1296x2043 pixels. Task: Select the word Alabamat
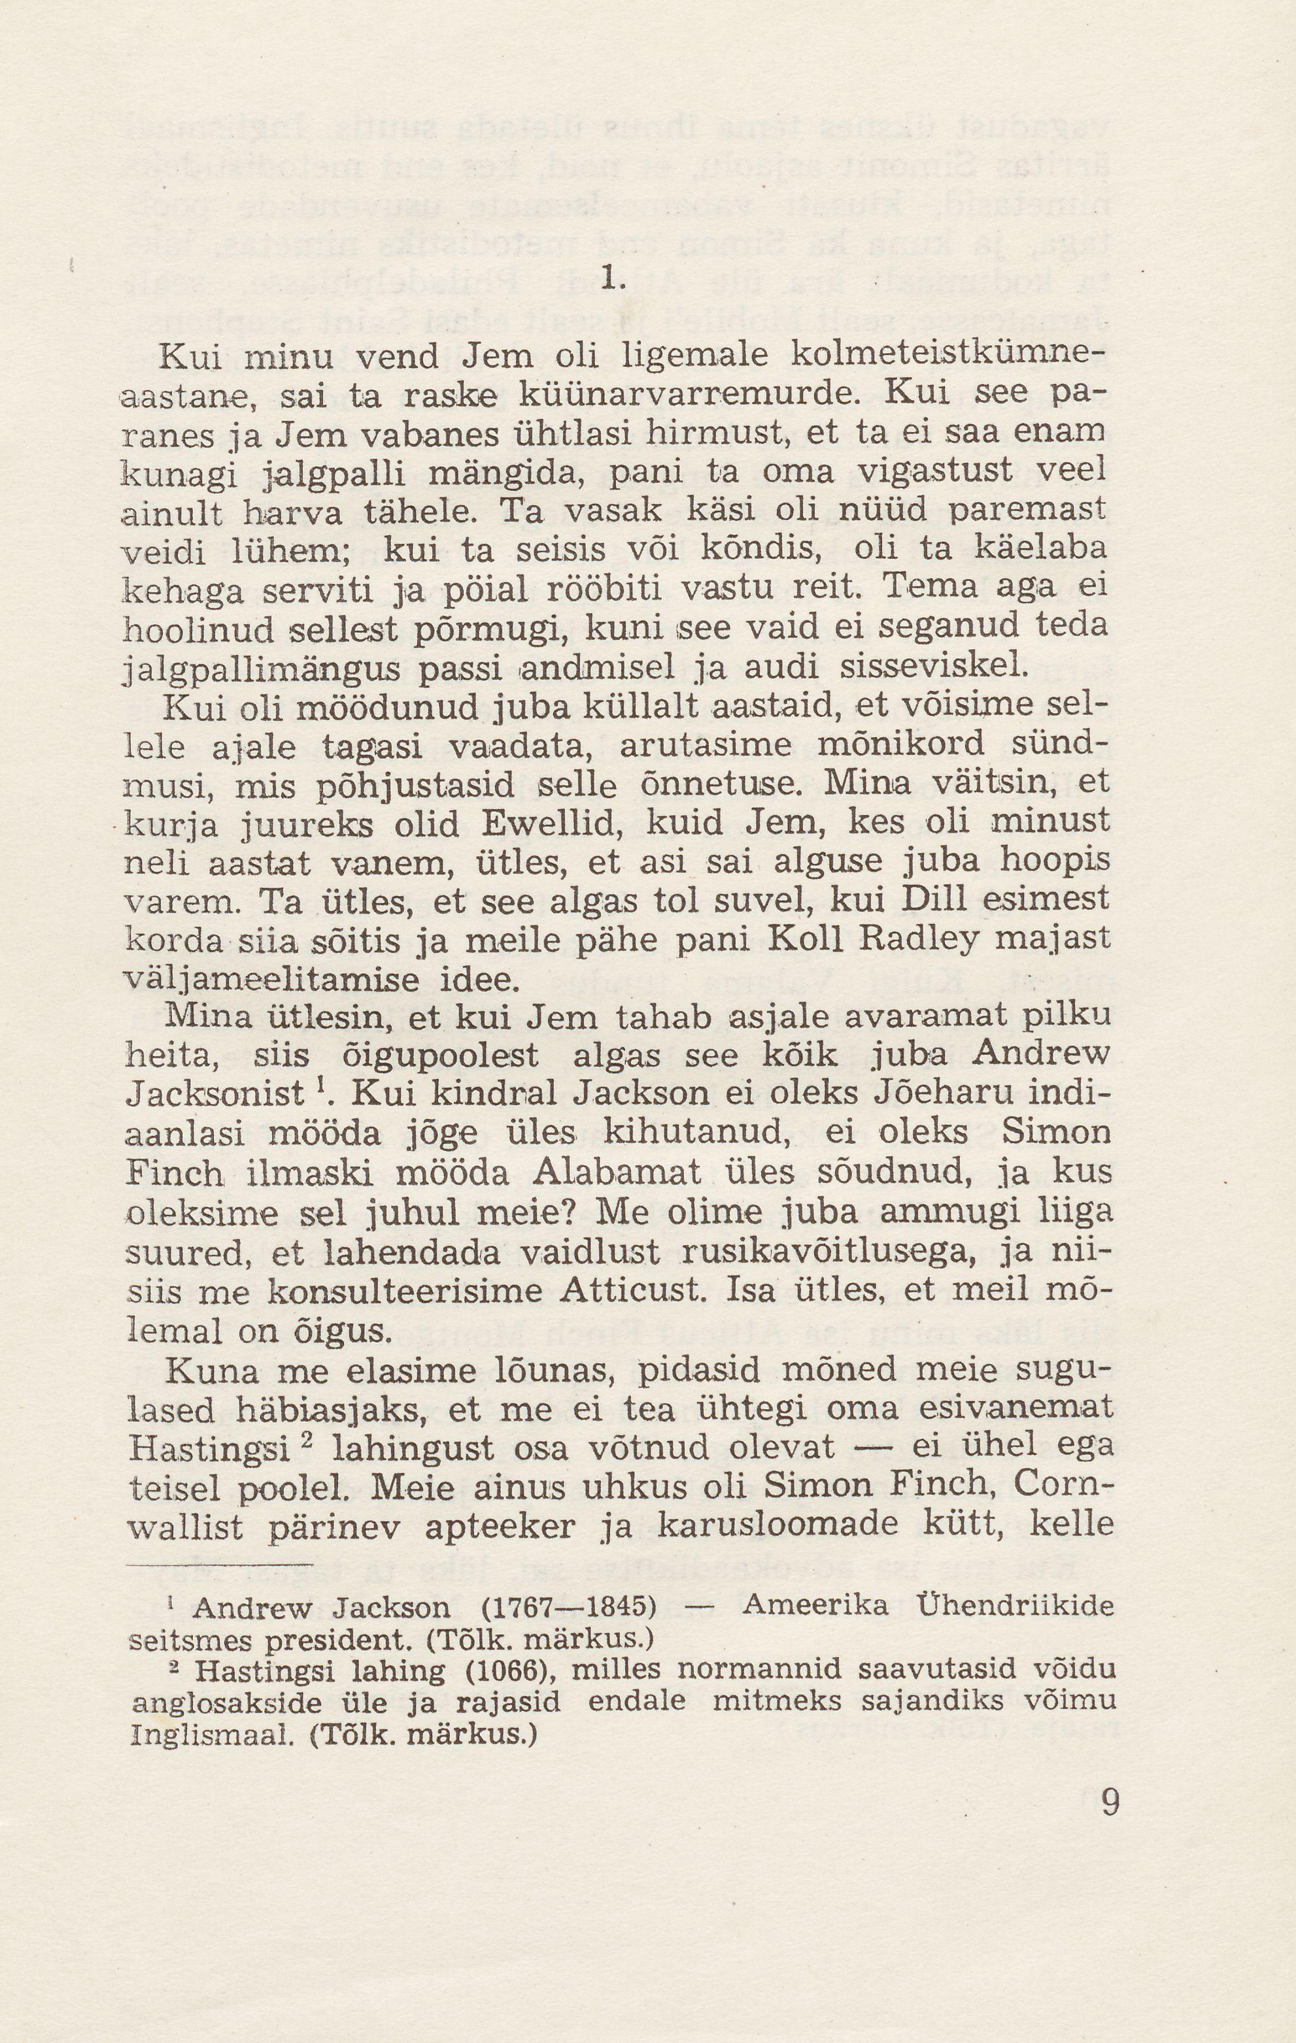[x=619, y=1172]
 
